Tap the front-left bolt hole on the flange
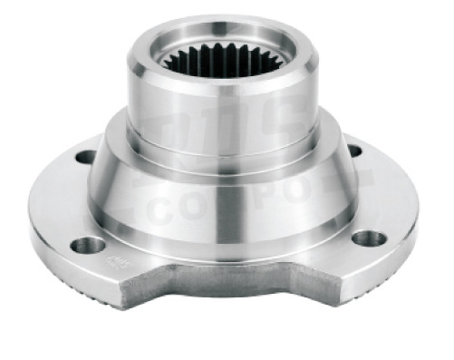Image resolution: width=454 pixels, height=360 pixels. point(90,245)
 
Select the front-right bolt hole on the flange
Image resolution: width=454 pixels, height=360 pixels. point(369,238)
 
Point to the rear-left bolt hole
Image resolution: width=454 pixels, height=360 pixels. point(85,157)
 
